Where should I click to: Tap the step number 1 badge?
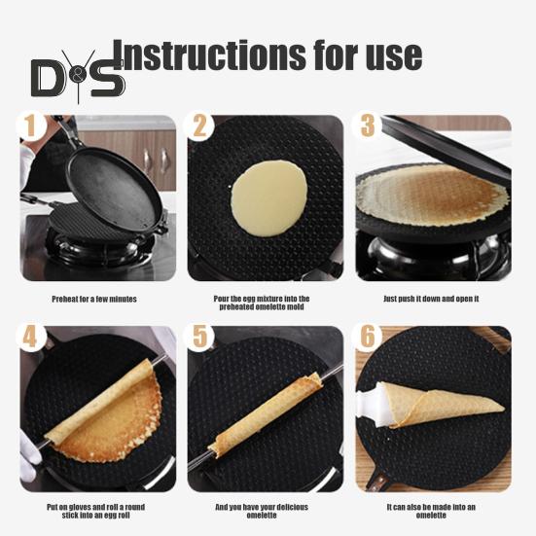coord(32,127)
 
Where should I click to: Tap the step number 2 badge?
coord(201,127)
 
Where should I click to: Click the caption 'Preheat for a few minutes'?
coord(94,299)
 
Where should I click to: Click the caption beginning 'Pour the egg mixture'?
coord(263,303)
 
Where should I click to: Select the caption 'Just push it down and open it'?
coord(431,299)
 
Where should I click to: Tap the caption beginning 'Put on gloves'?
coord(94,511)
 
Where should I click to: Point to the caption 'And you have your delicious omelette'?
coord(263,511)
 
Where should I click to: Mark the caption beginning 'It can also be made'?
coord(431,511)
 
